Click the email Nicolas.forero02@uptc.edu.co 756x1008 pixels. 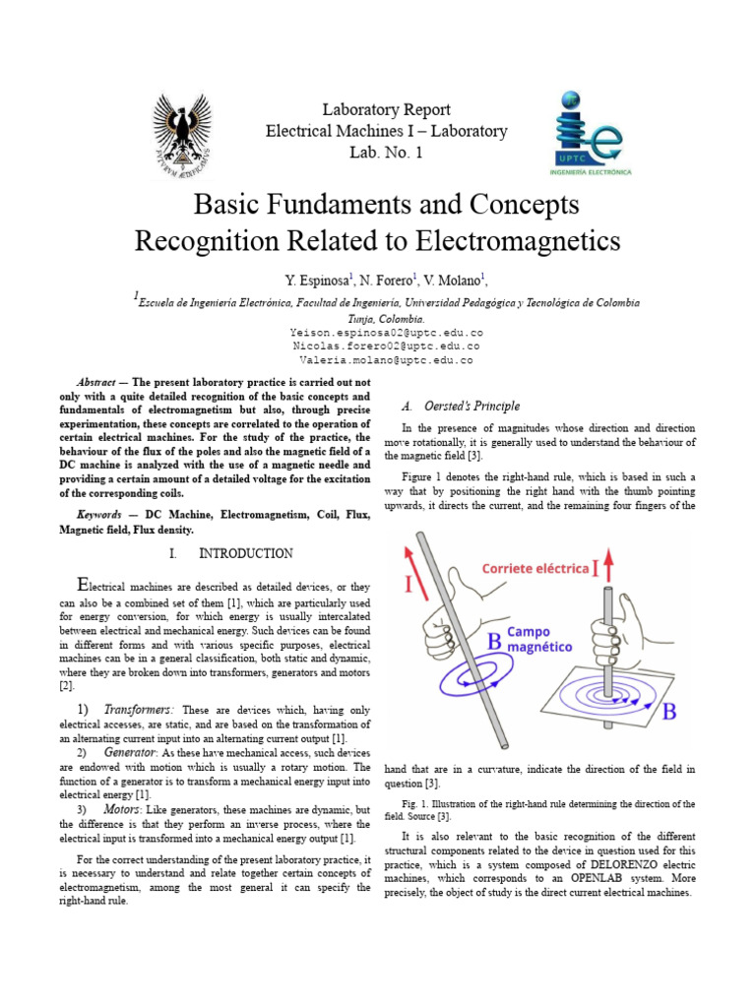386,346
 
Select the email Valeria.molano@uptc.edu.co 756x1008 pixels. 386,360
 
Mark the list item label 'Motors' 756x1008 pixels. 124,809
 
